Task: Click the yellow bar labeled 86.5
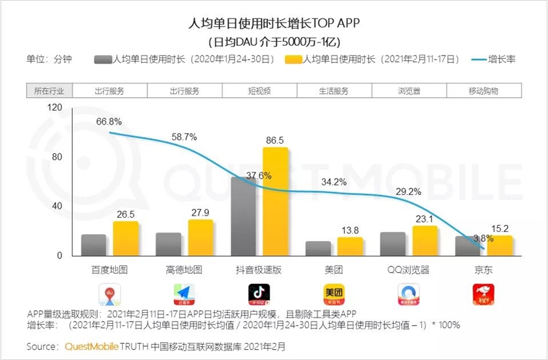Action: [x=275, y=202]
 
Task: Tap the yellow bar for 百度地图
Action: [x=125, y=238]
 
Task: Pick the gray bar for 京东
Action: [x=467, y=246]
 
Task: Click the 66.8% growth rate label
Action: [x=109, y=121]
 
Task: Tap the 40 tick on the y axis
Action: [x=58, y=206]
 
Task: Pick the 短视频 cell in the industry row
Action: [x=259, y=91]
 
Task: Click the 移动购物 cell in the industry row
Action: [x=484, y=91]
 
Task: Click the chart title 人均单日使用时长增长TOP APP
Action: [x=274, y=25]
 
